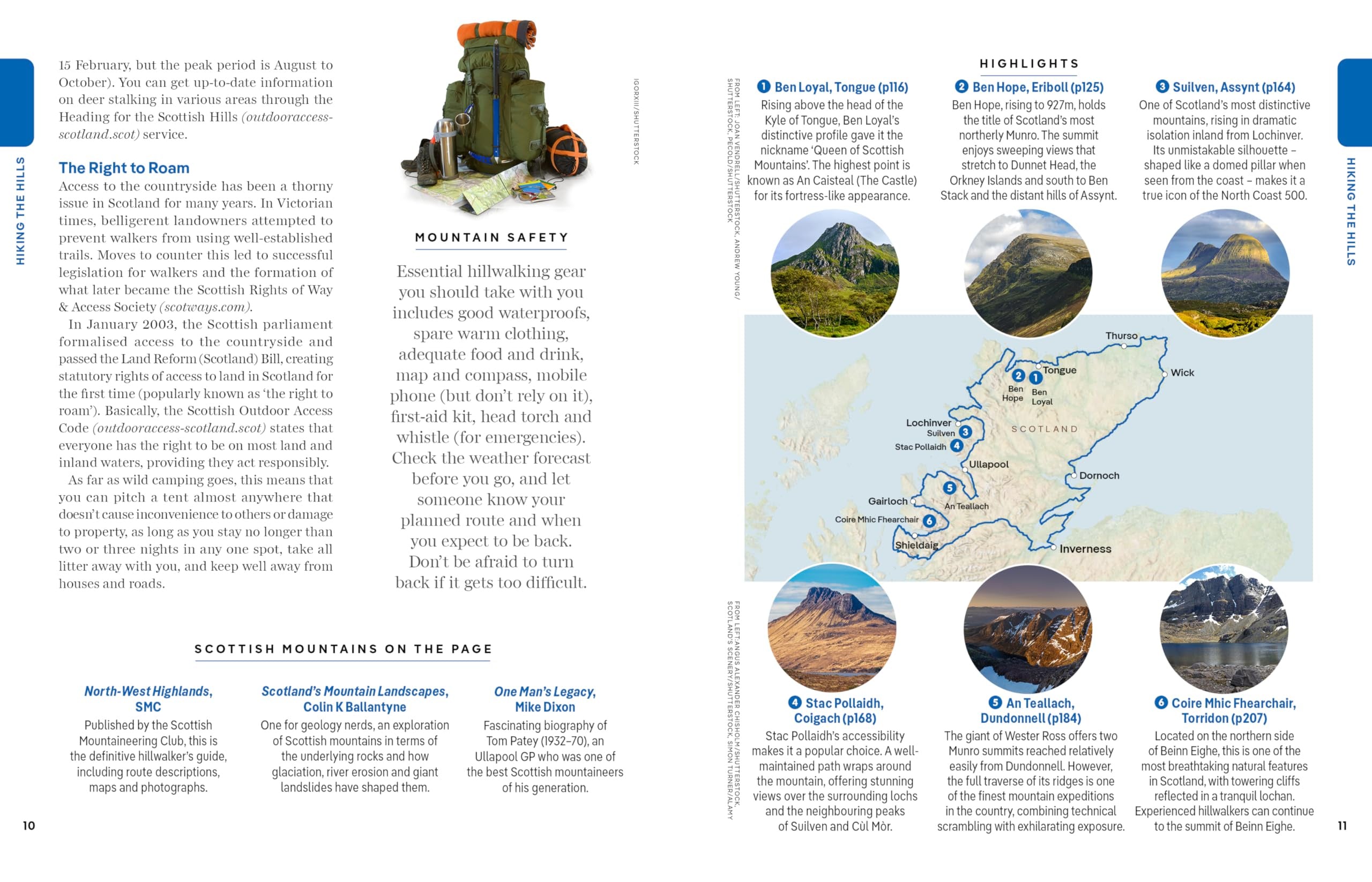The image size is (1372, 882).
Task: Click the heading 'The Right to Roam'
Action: pyautogui.click(x=124, y=168)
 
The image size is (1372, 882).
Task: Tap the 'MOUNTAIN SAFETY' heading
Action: pyautogui.click(x=491, y=237)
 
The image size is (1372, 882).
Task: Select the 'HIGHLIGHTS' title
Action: pyautogui.click(x=1029, y=64)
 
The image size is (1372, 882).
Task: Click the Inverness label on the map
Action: pyautogui.click(x=1084, y=549)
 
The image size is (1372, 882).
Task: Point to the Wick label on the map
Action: pyautogui.click(x=1182, y=373)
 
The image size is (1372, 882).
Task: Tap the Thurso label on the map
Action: pyautogui.click(x=1121, y=335)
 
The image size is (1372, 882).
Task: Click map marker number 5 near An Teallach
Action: pyautogui.click(x=949, y=488)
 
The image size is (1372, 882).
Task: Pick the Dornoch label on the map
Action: pyautogui.click(x=1098, y=475)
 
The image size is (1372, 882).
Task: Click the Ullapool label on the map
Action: pyautogui.click(x=988, y=464)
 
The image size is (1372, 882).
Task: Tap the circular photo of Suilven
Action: pyautogui.click(x=1225, y=273)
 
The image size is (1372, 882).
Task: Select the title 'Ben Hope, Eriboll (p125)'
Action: pyautogui.click(x=1038, y=87)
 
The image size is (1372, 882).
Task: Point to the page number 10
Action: pyautogui.click(x=28, y=825)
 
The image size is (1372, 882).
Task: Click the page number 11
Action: pyautogui.click(x=1342, y=825)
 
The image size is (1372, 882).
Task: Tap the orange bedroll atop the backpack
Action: pyautogui.click(x=496, y=33)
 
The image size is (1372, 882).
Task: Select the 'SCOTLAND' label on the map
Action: pyautogui.click(x=1045, y=429)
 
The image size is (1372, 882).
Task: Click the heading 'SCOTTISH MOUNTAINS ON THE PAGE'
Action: pyautogui.click(x=343, y=649)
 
